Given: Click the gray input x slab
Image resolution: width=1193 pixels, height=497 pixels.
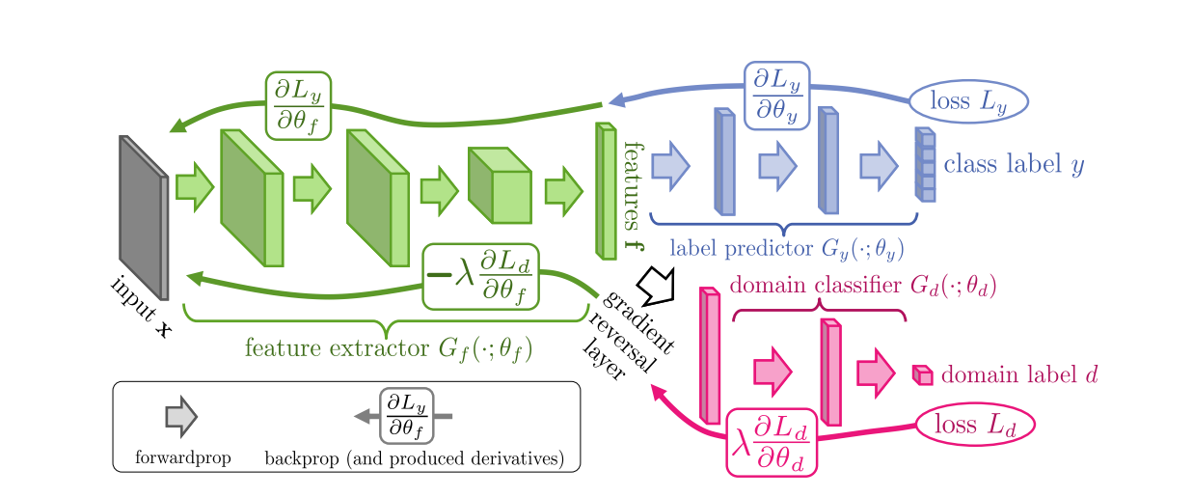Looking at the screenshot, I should click(x=143, y=216).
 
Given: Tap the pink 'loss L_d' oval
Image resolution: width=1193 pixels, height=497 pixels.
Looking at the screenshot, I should click(x=974, y=425).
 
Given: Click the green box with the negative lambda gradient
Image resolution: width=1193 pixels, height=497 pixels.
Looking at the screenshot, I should click(x=481, y=276).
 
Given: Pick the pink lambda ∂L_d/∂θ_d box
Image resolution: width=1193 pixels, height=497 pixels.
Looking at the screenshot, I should click(x=771, y=441).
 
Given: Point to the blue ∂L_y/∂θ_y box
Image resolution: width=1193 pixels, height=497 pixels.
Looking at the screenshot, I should click(x=775, y=96).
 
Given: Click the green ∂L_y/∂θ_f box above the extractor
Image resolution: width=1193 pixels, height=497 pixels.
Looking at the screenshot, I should click(x=298, y=105).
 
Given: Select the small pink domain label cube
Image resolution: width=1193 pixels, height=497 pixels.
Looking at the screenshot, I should click(x=922, y=375).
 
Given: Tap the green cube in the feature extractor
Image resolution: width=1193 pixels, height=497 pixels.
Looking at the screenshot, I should click(x=500, y=185).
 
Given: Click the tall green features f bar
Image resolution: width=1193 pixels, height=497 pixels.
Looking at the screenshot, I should click(x=606, y=191).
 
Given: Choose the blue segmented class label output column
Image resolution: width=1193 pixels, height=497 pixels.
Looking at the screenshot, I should click(x=925, y=165).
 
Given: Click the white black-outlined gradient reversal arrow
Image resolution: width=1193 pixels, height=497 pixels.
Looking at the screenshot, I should click(x=662, y=285).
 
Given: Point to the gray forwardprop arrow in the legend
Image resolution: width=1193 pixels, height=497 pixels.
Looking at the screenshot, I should click(x=180, y=417).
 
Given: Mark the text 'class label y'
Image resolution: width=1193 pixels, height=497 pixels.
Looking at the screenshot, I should click(x=1013, y=165).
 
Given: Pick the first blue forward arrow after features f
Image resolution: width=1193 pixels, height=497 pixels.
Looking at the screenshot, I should click(x=670, y=165).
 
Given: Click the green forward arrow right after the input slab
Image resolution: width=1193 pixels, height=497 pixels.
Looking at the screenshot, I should click(x=194, y=186).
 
